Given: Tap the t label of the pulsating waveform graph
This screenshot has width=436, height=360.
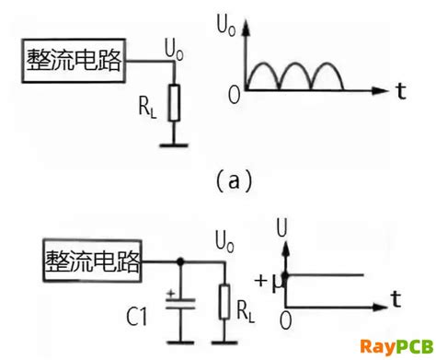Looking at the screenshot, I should pyautogui.click(x=401, y=90).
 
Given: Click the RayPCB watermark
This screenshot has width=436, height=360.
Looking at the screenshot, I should pyautogui.click(x=396, y=346).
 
